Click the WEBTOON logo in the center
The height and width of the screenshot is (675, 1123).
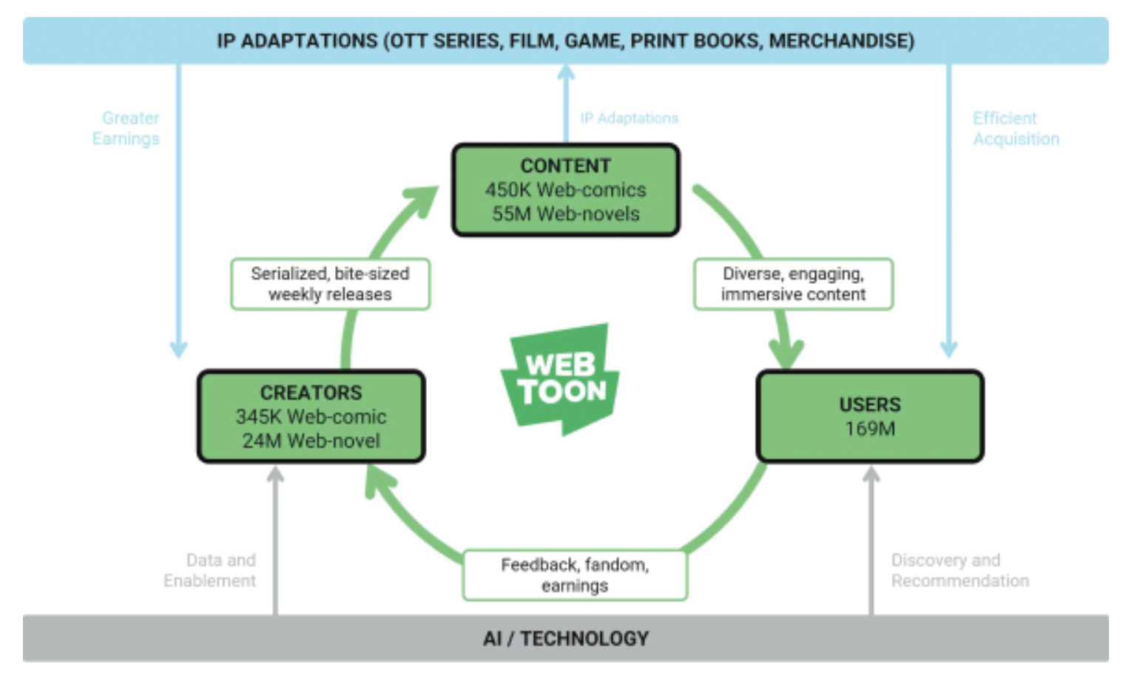561,379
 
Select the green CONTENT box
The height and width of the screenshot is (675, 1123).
566,190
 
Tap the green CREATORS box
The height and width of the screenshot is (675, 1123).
311,416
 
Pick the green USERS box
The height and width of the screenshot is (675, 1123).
870,416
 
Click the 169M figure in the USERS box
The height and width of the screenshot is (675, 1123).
870,429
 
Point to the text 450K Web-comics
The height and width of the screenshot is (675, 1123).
566,190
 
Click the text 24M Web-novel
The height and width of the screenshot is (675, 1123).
311,441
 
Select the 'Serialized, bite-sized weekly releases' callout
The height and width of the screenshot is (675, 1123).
331,284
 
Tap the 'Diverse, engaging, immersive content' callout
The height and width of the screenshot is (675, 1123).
793,284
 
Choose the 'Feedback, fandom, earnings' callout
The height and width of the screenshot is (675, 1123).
575,575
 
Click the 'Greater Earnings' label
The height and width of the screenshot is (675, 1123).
126,129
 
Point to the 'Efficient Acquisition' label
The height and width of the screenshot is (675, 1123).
1016,129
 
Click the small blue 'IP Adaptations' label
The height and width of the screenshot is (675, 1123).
629,118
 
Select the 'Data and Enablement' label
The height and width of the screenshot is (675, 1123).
209,570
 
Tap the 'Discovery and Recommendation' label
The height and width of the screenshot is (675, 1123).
960,570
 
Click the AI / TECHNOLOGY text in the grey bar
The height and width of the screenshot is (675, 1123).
566,639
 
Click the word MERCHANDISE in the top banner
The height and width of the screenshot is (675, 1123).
842,41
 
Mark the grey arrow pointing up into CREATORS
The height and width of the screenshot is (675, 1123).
275,540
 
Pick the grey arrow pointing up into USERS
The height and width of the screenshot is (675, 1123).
871,540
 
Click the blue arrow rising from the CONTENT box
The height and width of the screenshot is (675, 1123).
566,104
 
